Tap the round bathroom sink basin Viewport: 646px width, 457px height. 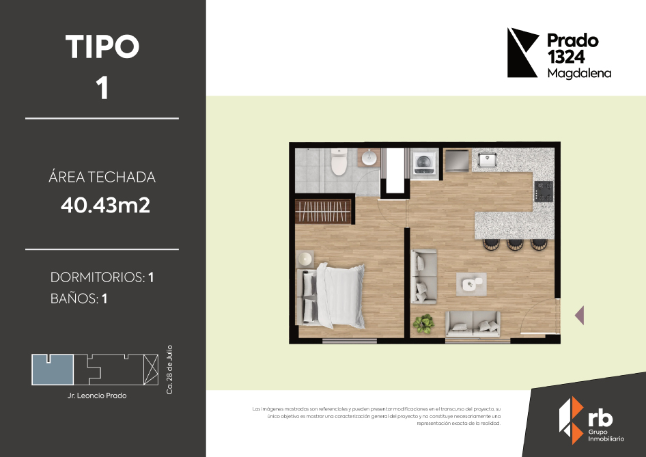(x=369, y=157)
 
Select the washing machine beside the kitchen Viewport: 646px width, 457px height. (x=424, y=163)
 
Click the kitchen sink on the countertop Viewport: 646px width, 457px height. (x=487, y=158)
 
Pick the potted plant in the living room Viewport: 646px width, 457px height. (x=423, y=323)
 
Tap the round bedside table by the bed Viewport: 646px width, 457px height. (x=305, y=258)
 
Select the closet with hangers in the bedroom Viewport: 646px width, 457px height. (x=323, y=211)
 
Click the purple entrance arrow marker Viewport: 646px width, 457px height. (x=580, y=315)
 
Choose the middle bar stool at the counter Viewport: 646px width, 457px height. (x=515, y=244)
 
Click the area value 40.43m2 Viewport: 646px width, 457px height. (x=105, y=205)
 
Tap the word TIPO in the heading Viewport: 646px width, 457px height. (x=102, y=46)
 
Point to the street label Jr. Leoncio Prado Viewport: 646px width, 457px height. (x=97, y=396)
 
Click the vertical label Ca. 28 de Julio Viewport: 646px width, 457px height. (x=169, y=370)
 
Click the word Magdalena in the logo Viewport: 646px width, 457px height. (x=579, y=73)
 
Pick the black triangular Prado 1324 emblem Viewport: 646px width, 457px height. (x=522, y=53)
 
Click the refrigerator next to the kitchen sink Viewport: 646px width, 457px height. (x=456, y=161)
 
